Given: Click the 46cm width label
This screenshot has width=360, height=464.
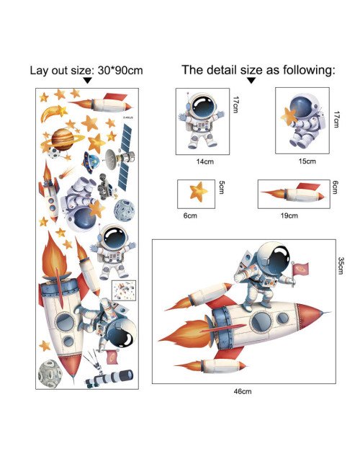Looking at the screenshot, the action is click(x=242, y=391).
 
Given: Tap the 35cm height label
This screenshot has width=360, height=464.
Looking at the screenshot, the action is click(x=341, y=266).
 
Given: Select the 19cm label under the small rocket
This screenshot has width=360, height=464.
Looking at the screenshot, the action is click(x=289, y=215).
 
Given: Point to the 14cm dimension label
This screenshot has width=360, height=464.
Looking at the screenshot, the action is click(x=204, y=161).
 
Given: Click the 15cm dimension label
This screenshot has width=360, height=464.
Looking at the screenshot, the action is click(x=307, y=161).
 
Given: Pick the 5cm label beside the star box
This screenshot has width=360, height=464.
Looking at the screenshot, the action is click(x=222, y=187).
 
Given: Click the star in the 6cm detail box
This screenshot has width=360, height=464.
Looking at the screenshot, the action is click(x=199, y=192).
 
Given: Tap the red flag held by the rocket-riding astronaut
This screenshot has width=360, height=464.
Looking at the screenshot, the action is click(x=301, y=269).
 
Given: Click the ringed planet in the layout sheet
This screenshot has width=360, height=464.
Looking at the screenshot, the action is click(x=63, y=140).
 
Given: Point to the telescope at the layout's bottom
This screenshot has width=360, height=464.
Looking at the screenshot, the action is click(x=109, y=378).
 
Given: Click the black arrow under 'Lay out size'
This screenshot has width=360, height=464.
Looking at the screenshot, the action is click(x=87, y=81).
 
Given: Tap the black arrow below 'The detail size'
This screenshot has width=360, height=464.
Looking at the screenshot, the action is click(x=251, y=80).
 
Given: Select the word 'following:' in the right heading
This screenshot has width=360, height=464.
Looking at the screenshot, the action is click(x=309, y=70).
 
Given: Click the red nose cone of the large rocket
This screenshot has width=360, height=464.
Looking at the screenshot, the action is click(x=310, y=315).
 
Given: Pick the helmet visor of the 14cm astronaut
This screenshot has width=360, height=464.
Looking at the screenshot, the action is click(x=203, y=106).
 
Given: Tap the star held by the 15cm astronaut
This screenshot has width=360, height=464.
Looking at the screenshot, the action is click(x=289, y=116).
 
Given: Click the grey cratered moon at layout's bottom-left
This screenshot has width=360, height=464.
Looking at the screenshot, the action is click(x=50, y=374).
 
